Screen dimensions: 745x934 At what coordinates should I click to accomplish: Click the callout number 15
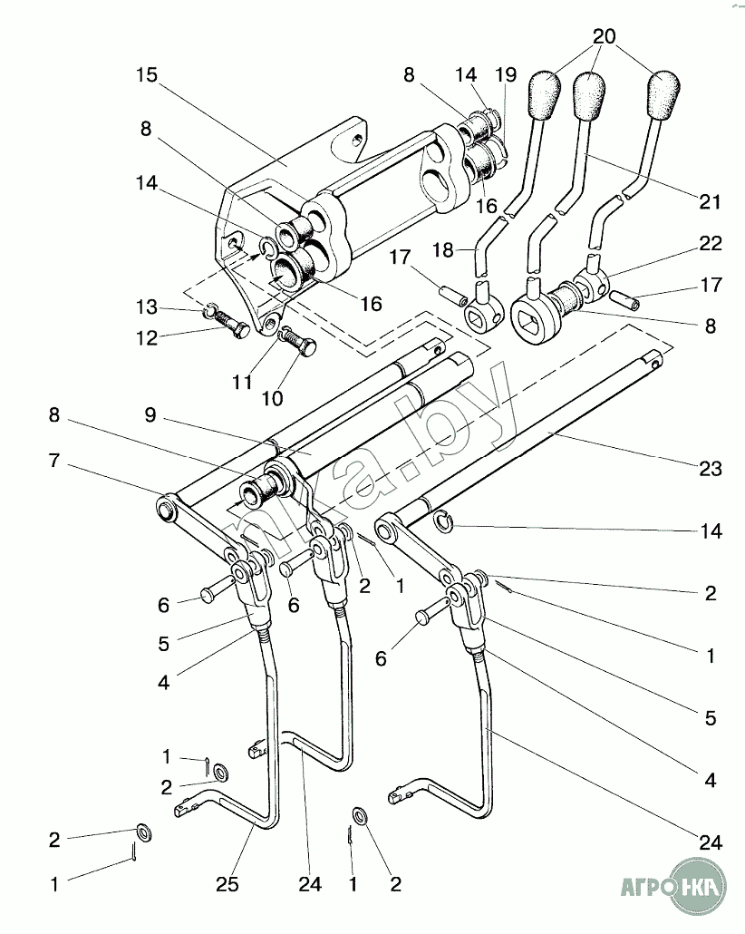(x=147, y=75)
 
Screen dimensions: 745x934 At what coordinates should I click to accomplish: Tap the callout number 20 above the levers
(x=604, y=36)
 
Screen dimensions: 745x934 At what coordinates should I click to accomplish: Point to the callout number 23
(x=711, y=468)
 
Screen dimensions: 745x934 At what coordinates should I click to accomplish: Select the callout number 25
(x=227, y=884)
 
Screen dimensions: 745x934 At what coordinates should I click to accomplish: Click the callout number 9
(x=150, y=414)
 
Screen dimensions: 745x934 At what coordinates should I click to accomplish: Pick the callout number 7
(x=54, y=461)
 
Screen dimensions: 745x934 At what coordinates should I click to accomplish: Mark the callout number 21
(x=710, y=202)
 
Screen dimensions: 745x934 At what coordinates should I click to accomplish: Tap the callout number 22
(x=711, y=243)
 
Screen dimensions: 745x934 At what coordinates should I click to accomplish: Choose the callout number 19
(x=506, y=75)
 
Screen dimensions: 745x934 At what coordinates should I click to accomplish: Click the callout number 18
(x=443, y=250)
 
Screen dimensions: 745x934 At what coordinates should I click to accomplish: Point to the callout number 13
(x=147, y=307)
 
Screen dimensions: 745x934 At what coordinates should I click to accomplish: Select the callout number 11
(x=242, y=382)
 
